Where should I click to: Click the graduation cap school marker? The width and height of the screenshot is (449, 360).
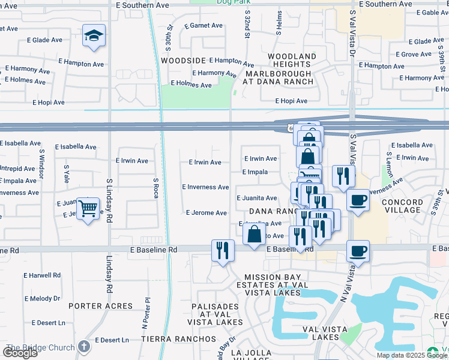click(94, 36)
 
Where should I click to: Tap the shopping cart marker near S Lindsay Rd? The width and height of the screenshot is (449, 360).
click(88, 209)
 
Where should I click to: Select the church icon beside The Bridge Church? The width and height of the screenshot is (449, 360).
click(84, 347)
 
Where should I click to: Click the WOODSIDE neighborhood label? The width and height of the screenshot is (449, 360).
click(184, 61)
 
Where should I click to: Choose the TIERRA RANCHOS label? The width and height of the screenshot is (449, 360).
click(178, 339)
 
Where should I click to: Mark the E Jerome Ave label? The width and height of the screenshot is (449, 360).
click(206, 213)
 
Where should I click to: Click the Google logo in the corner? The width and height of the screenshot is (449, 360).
click(20, 353)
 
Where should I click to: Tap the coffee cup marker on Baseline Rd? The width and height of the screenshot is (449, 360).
click(358, 251)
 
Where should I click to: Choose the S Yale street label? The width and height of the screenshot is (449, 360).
click(66, 174)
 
